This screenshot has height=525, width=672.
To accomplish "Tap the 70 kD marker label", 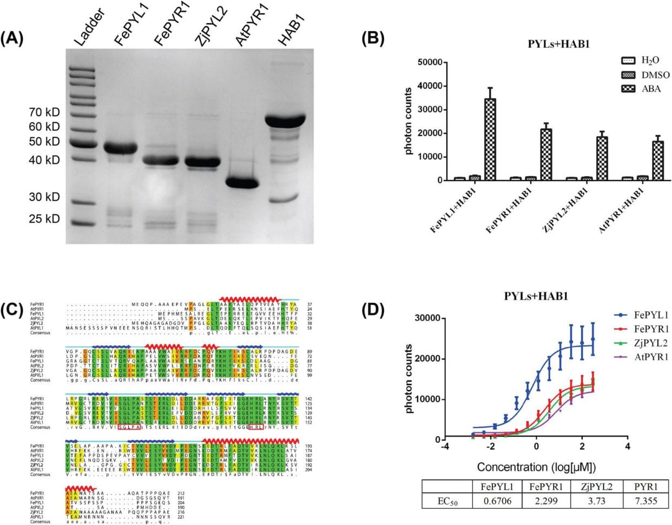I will point(44,113).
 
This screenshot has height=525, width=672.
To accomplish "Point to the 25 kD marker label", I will point(44,219).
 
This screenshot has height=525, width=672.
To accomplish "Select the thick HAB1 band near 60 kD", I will point(289,120).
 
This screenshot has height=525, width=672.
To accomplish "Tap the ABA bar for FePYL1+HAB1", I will point(490,139).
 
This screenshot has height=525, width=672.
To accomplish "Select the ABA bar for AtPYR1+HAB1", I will point(658,160).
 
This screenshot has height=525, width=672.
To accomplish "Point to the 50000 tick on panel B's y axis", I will point(432,62).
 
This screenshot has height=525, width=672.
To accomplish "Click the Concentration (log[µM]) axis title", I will point(535,467).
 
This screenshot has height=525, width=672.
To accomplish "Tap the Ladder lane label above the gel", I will point(84,28).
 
